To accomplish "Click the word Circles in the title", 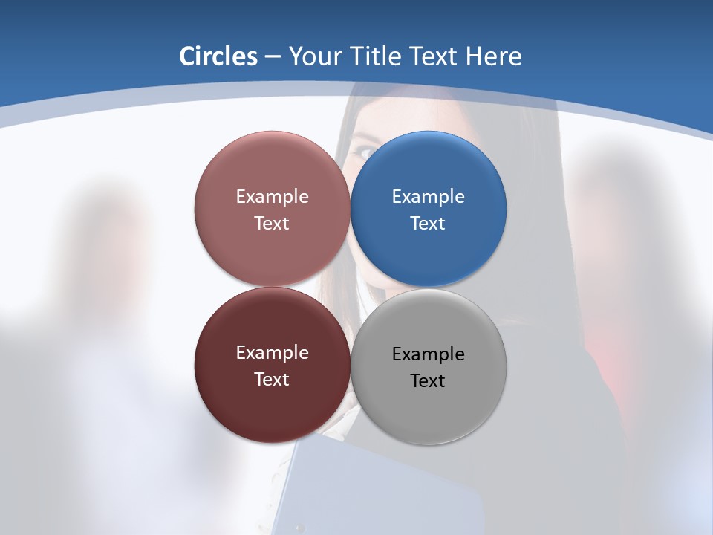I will [218, 56].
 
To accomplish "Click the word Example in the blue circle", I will [428, 197].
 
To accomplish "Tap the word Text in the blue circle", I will [428, 224].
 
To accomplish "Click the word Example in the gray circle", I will [428, 354].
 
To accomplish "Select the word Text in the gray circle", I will [428, 381].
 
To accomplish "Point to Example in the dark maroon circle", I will [272, 353].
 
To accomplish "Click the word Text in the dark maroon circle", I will [272, 380].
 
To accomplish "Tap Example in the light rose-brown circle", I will [272, 197].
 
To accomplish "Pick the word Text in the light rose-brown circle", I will [272, 224].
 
